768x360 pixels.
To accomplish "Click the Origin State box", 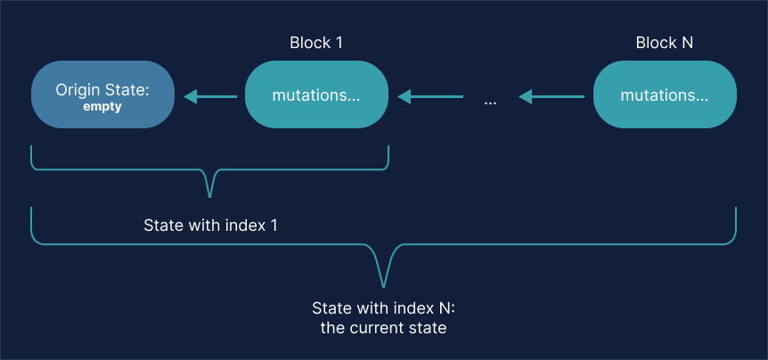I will [103, 95].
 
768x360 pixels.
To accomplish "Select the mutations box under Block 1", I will [317, 95].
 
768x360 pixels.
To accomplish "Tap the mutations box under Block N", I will [665, 95].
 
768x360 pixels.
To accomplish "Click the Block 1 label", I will [316, 43].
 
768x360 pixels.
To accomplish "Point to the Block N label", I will [664, 43].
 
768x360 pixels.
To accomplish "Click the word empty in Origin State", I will [102, 107].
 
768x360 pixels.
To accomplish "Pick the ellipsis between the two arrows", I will [490, 102].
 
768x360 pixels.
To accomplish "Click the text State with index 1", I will [210, 225].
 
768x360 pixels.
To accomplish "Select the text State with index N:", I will [383, 308].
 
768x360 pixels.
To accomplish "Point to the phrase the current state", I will [383, 328].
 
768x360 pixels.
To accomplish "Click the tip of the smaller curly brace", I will [211, 195].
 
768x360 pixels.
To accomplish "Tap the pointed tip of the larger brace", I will [383, 285].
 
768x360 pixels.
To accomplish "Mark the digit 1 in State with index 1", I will [274, 225].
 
